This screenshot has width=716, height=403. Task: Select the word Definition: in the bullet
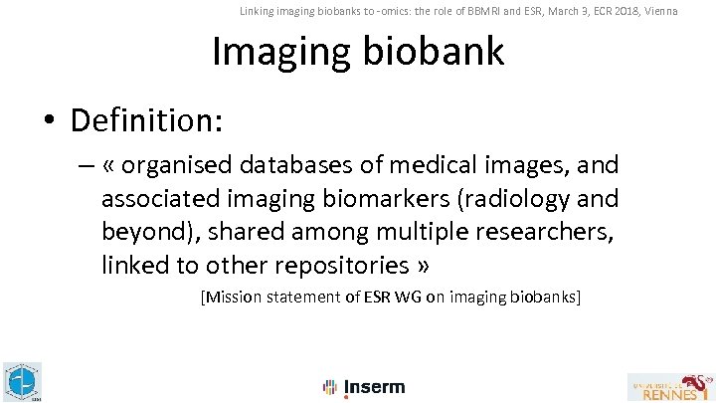146,120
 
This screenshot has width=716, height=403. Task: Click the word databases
303,164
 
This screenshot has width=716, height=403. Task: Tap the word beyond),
143,232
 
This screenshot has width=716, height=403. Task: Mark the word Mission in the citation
236,298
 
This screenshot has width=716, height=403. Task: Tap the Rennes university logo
669,386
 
